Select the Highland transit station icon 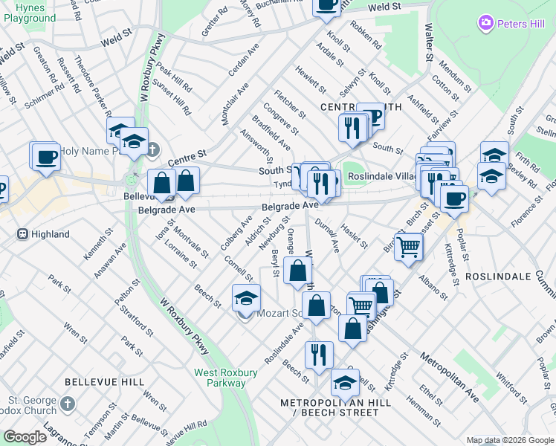click(22, 234)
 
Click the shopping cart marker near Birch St click(408, 247)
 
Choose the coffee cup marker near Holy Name click(46, 158)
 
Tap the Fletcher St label click(290, 104)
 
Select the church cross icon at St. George click(68, 404)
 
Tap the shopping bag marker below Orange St click(297, 271)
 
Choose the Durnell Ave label click(327, 235)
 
